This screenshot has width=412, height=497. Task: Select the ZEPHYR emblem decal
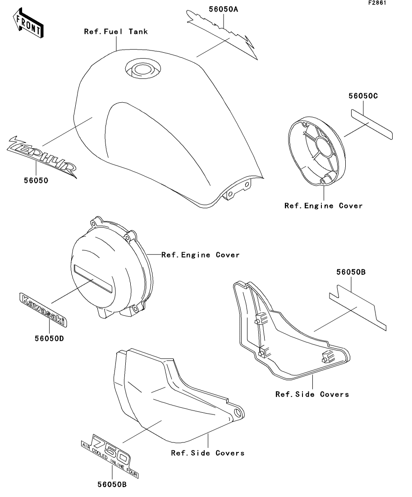[x=41, y=155]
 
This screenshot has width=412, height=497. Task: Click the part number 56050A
[x=223, y=9]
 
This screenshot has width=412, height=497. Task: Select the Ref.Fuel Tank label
[x=116, y=32]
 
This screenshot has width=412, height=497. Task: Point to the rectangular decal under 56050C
[x=372, y=127]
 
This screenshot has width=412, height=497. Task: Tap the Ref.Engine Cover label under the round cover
[x=323, y=206]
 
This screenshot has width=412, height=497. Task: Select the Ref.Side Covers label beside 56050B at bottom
[x=207, y=453]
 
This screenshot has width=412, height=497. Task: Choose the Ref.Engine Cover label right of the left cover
[x=200, y=255]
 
